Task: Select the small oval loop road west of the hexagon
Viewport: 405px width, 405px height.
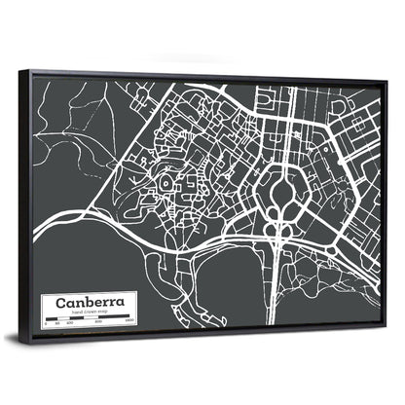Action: (167, 182)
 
